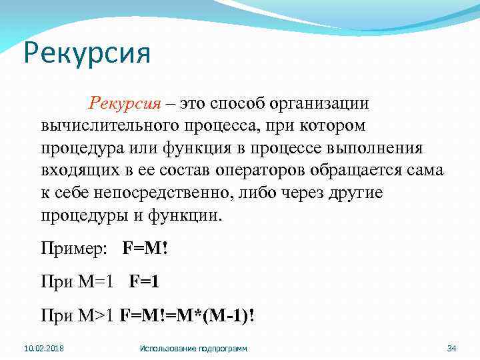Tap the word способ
[x=239, y=104]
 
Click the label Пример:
[x=73, y=249]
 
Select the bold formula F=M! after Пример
[x=145, y=249]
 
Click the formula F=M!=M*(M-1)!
[x=186, y=313]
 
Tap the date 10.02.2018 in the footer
[x=39, y=349]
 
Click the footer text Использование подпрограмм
[x=193, y=349]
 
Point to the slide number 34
[x=451, y=349]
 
